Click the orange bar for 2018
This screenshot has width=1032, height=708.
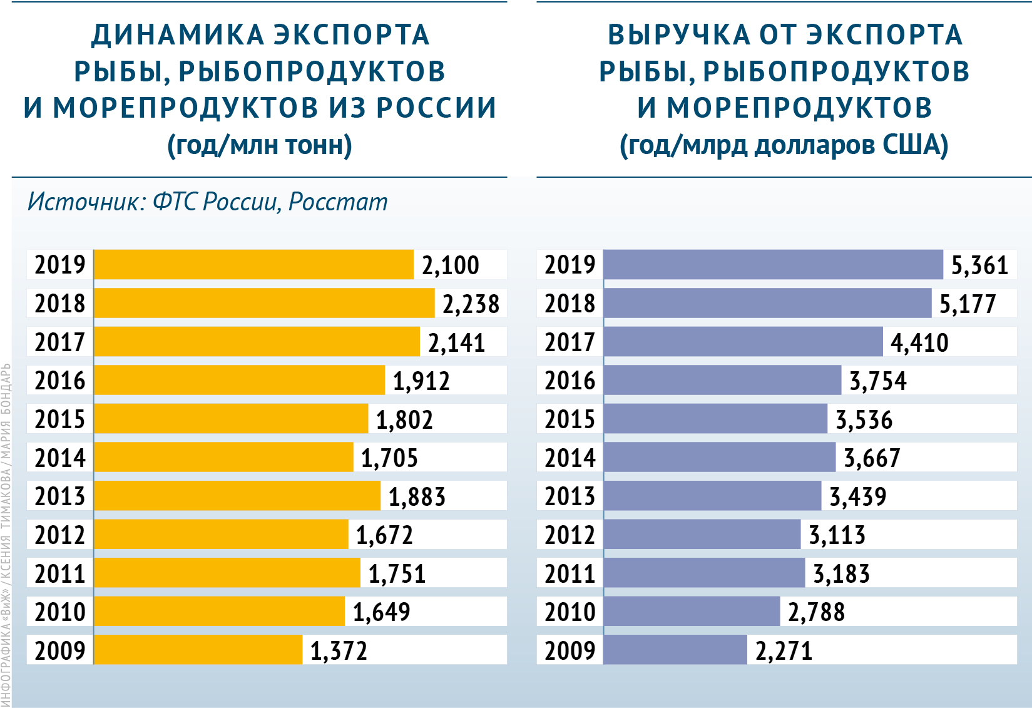point(263,303)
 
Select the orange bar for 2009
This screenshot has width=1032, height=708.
point(198,650)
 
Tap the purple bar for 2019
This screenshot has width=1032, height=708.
point(773,264)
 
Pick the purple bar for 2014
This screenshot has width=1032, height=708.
point(719,457)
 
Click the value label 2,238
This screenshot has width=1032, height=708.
point(471,304)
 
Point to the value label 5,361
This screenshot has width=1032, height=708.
point(979,265)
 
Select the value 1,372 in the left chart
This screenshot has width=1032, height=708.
point(339,650)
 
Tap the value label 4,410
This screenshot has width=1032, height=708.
point(919,342)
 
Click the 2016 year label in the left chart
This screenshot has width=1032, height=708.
point(59,381)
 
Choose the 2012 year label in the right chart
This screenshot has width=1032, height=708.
point(570,535)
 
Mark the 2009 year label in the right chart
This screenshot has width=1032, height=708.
point(570,650)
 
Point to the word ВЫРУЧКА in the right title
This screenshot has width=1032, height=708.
point(679,35)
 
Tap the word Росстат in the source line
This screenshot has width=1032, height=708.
point(338,202)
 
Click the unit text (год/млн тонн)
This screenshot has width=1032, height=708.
point(260,145)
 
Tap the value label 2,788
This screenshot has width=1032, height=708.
point(816,612)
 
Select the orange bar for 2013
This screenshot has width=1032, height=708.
point(237,496)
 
